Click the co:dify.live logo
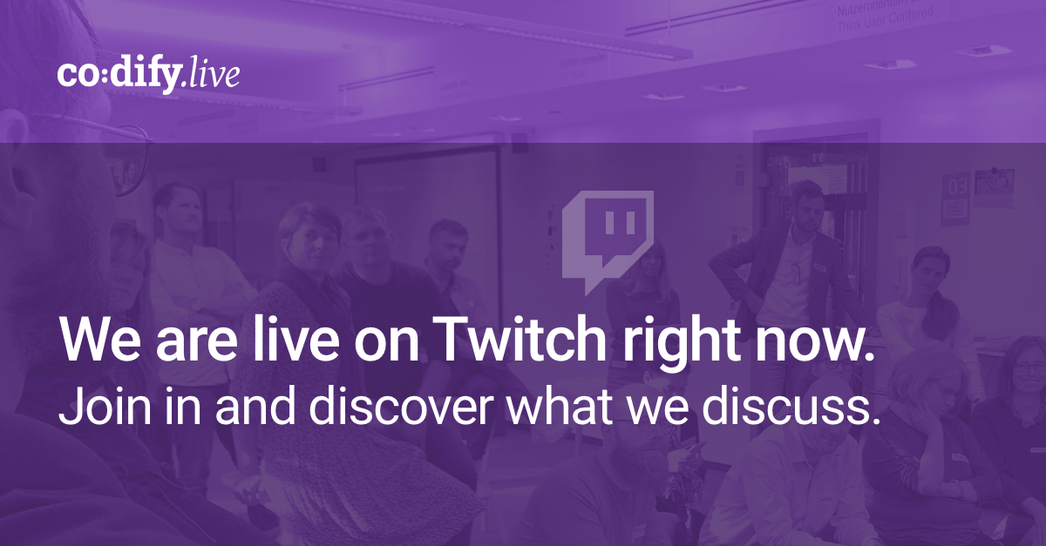point(148,75)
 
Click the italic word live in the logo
point(214,75)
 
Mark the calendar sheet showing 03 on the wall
point(955,197)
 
